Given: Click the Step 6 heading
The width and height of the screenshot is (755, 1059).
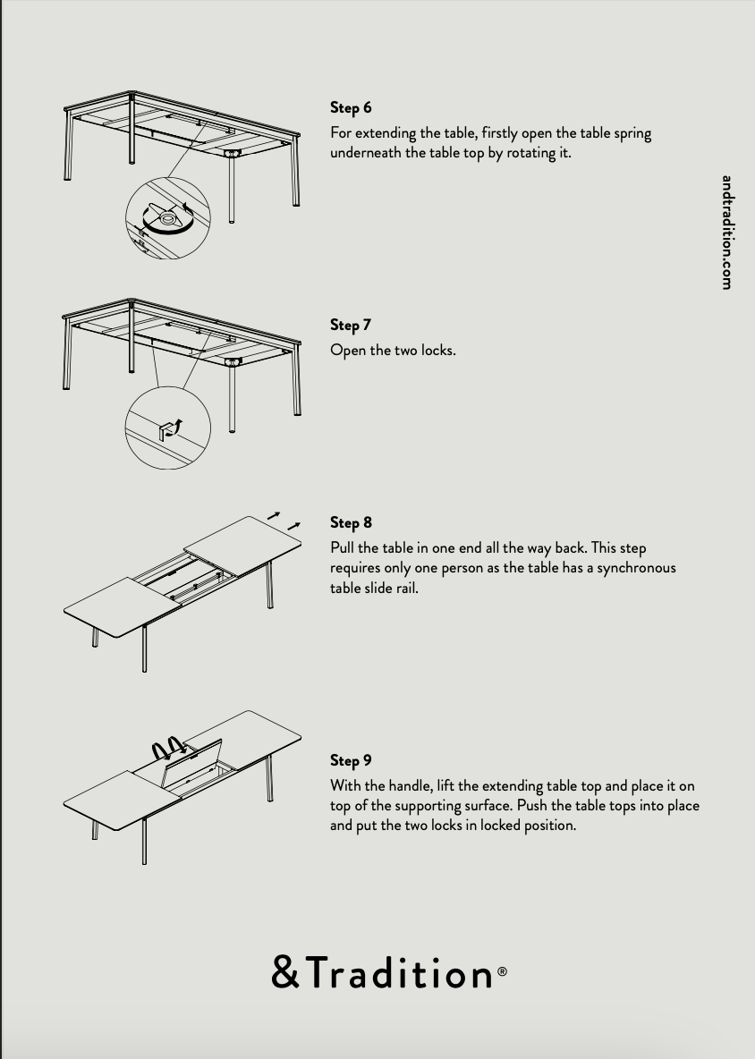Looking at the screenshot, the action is pyautogui.click(x=351, y=107).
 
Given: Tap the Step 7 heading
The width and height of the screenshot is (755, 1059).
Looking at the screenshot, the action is pyautogui.click(x=351, y=325).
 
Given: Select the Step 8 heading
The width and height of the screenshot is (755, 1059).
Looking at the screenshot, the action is pyautogui.click(x=351, y=522).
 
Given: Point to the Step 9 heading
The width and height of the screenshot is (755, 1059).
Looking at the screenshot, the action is pyautogui.click(x=351, y=760).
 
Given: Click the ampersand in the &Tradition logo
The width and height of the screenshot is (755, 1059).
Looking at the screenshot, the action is pyautogui.click(x=285, y=972).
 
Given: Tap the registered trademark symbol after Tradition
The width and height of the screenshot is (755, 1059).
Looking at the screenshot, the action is pyautogui.click(x=502, y=971).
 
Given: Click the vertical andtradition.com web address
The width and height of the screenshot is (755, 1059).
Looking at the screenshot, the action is pyautogui.click(x=726, y=233).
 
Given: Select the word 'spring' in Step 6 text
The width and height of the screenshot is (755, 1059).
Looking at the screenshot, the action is pyautogui.click(x=632, y=134).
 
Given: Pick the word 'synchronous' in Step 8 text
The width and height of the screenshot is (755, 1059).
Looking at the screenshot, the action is pyautogui.click(x=636, y=568).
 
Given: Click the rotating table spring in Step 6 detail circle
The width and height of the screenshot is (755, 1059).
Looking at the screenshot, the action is pyautogui.click(x=166, y=218).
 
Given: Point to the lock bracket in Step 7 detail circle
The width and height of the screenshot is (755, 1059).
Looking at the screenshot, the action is pyautogui.click(x=165, y=431).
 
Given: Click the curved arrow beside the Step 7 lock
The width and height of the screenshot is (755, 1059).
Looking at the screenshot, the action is pyautogui.click(x=177, y=427).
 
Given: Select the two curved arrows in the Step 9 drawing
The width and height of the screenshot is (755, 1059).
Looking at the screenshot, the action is pyautogui.click(x=169, y=748).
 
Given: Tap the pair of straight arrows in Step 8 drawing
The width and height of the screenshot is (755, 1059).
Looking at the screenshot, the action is pyautogui.click(x=284, y=520).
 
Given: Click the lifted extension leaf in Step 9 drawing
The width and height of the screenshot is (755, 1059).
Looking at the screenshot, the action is pyautogui.click(x=191, y=763).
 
